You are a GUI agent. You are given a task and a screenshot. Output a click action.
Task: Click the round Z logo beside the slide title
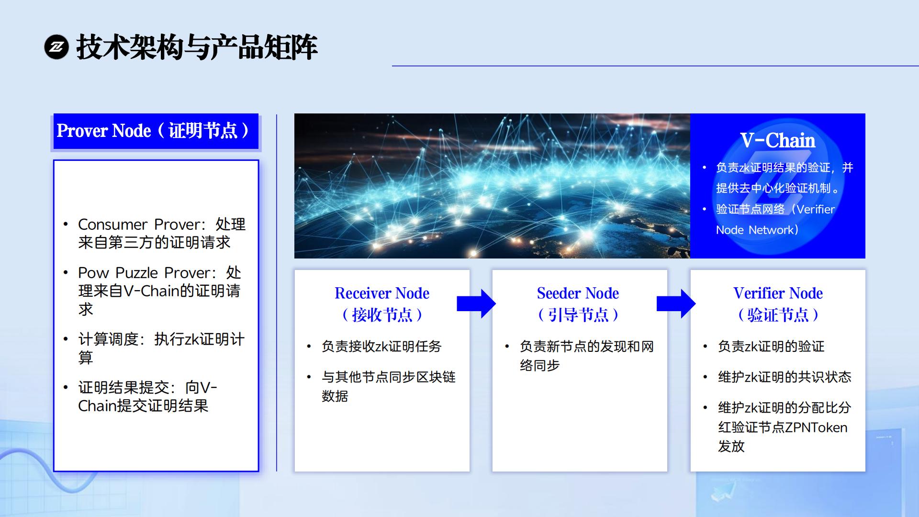pos(56,47)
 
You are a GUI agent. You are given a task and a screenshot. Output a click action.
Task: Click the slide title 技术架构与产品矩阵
pos(197,47)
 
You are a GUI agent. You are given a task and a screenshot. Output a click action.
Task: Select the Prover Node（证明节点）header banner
pos(156,131)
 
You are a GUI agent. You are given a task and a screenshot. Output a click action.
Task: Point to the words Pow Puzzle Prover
pos(144,272)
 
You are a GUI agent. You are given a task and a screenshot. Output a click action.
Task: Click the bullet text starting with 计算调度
pos(161,348)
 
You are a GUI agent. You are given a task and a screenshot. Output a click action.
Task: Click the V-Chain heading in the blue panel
pos(778,140)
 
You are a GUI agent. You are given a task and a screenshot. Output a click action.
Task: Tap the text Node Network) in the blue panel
pos(757,230)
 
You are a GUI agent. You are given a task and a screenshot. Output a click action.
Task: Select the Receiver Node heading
pos(382,293)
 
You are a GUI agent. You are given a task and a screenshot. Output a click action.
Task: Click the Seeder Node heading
pos(578,293)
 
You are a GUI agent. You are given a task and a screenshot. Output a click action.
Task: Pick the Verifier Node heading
pos(778,293)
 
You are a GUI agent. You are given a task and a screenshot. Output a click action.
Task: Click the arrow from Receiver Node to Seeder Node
pos(476,303)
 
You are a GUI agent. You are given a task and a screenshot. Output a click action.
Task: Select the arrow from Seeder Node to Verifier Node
pos(676,303)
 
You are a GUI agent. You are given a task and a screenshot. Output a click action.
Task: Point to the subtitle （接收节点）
pos(382,315)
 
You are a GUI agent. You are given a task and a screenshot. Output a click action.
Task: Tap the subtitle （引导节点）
pos(578,315)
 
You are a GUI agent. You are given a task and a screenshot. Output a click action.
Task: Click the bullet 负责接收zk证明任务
pos(381,346)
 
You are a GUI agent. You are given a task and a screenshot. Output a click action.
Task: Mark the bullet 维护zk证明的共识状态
pos(785,377)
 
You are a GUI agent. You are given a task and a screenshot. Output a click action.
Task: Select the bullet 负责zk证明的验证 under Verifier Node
pos(771,346)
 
